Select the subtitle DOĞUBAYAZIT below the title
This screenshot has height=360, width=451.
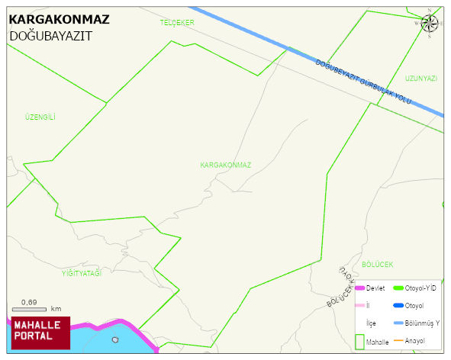50,36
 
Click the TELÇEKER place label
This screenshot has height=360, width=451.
177,23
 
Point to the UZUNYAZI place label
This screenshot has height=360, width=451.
421,79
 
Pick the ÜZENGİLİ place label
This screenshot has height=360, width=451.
40,117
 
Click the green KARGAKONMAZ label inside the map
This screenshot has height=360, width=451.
226,165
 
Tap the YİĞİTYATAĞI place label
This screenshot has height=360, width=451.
82,272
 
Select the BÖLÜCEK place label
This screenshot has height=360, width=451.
378,264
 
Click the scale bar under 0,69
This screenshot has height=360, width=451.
30,310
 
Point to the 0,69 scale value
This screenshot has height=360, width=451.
30,303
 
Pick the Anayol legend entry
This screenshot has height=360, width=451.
415,340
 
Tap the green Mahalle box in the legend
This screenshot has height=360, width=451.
359,342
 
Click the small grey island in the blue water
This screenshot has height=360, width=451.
115,340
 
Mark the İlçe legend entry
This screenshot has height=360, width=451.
371,323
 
